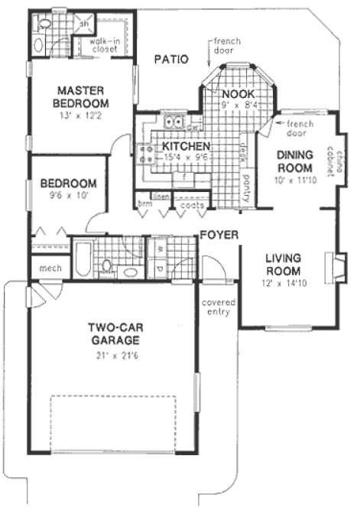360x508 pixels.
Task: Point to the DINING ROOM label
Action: coord(294,161)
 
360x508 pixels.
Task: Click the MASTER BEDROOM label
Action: coord(80,96)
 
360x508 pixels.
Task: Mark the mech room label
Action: coord(41,268)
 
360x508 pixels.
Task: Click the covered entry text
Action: coord(218,306)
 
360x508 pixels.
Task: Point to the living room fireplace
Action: coord(334,265)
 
